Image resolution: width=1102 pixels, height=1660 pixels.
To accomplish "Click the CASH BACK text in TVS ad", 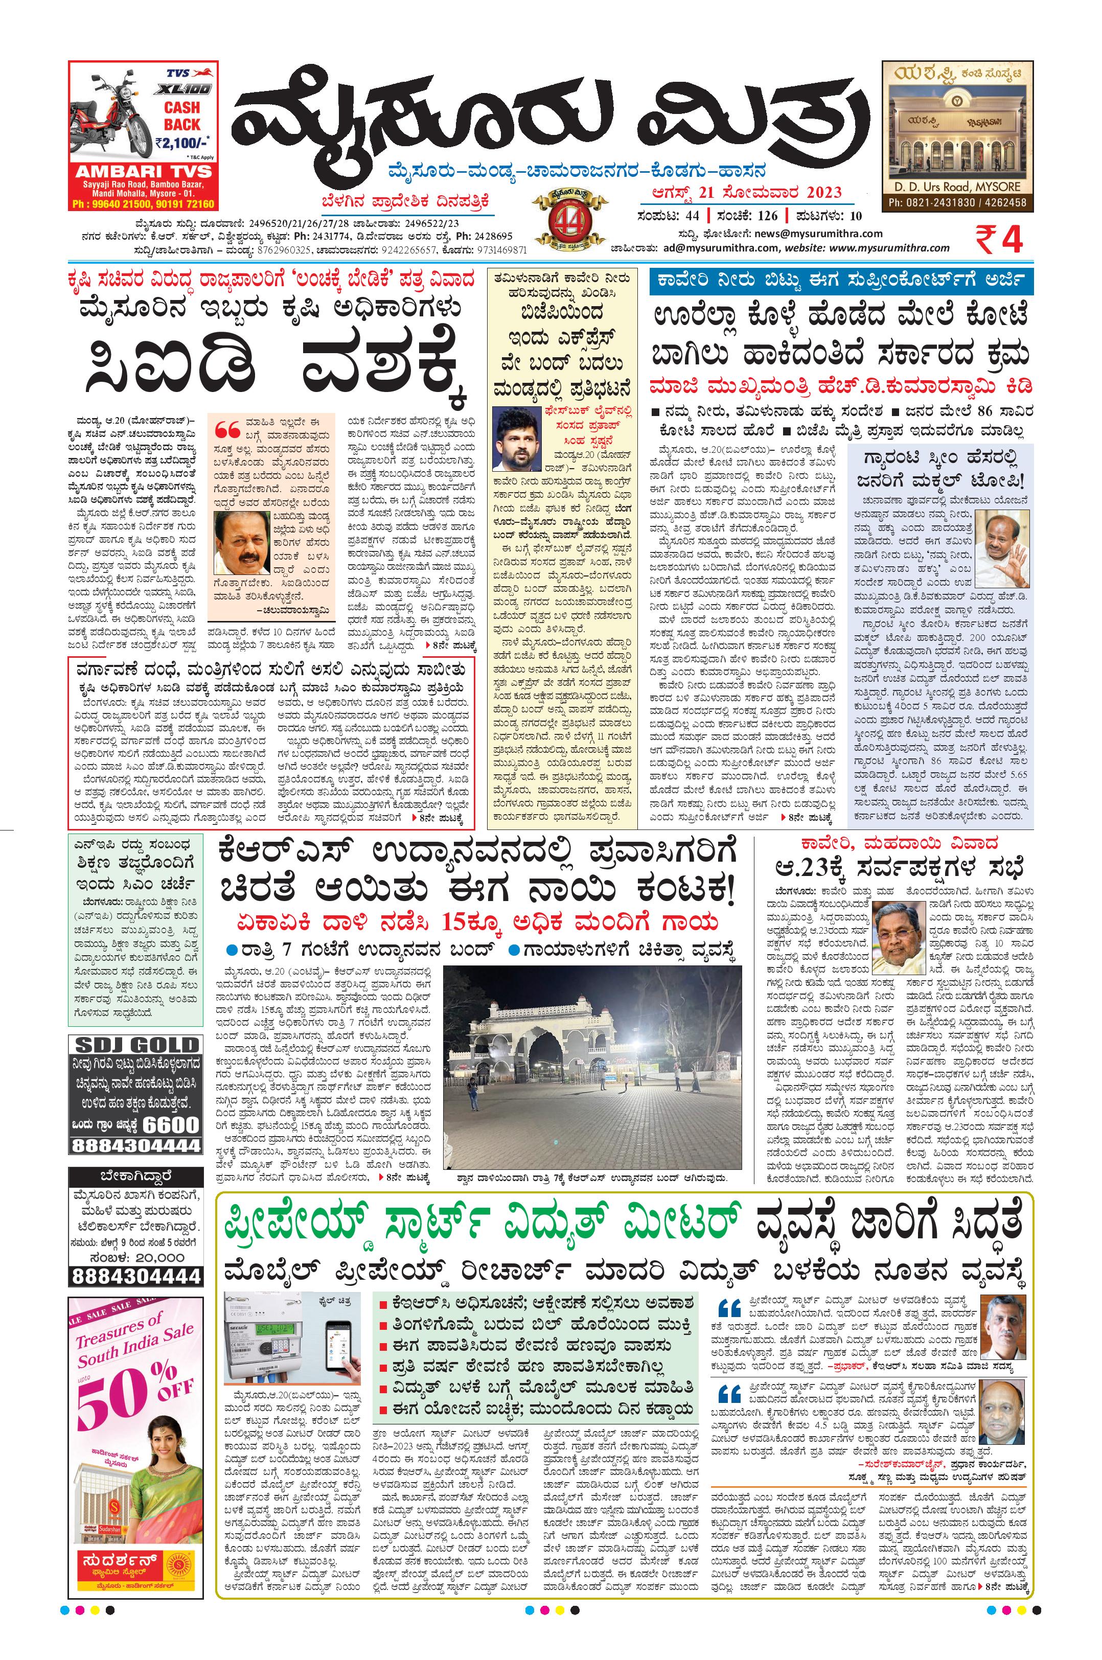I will click(x=182, y=116).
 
